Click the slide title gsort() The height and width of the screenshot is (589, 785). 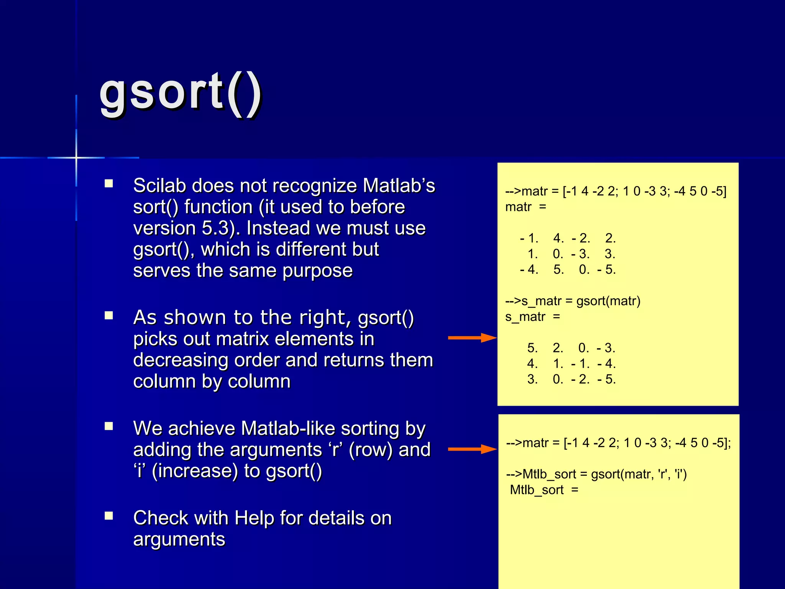point(180,94)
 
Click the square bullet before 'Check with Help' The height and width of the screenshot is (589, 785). point(109,516)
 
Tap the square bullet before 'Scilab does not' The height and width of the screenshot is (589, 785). point(109,184)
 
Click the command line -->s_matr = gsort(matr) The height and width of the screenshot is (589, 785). point(573,301)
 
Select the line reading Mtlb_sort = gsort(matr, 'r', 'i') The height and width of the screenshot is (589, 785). point(596,474)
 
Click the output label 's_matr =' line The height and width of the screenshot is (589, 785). point(532,317)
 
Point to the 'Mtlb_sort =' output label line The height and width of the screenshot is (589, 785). point(544,490)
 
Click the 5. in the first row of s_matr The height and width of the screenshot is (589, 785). point(532,348)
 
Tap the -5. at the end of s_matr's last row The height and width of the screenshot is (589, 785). point(606,380)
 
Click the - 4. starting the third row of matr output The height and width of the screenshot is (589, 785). point(529,270)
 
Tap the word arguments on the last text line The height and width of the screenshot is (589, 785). point(179,540)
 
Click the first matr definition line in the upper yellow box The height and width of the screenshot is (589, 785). point(616,191)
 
